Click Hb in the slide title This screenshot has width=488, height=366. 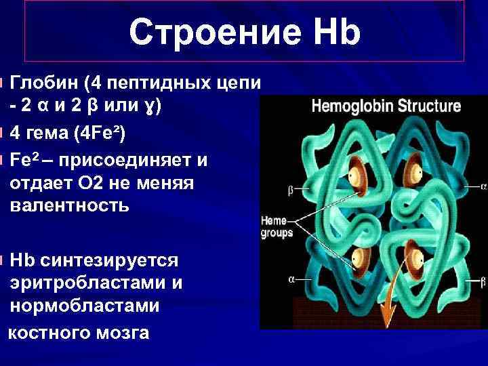point(332,32)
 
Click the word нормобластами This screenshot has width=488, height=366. point(85,306)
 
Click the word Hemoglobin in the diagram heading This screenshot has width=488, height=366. point(348,107)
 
